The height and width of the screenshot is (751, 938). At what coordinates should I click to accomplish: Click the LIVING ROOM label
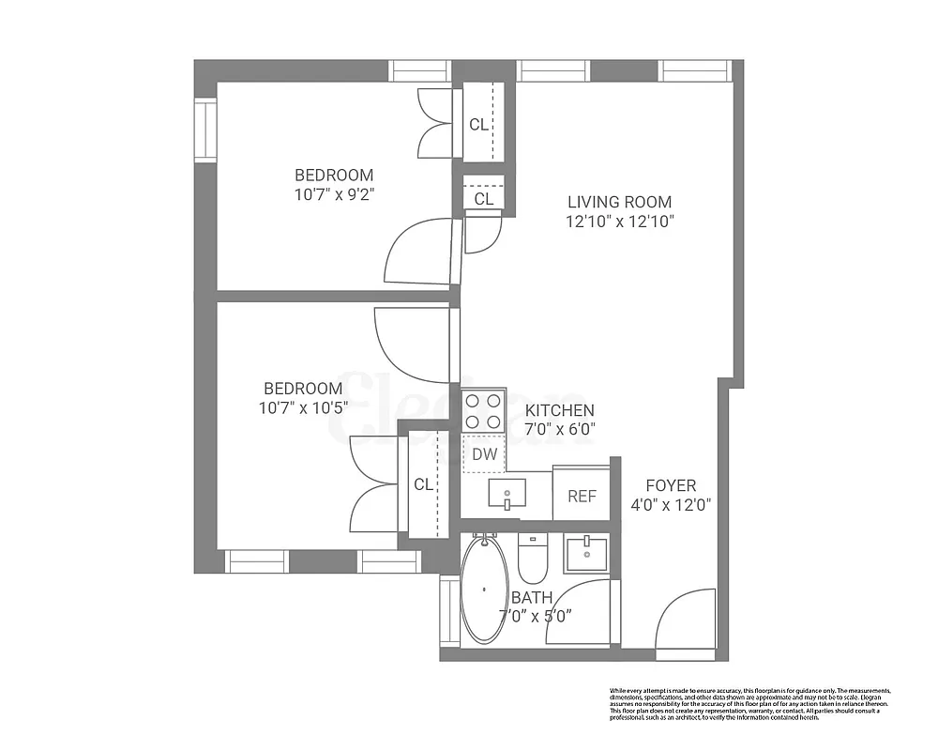[619, 202]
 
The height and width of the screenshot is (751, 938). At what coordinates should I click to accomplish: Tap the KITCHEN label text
[559, 410]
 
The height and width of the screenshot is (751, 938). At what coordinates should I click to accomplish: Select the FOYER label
[671, 485]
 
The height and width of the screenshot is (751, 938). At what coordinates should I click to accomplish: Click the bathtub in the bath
[484, 589]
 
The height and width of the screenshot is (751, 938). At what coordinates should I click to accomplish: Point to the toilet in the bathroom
[532, 558]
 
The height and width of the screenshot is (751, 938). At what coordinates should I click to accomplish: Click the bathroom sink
[586, 554]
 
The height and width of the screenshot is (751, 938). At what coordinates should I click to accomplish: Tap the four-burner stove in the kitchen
[483, 410]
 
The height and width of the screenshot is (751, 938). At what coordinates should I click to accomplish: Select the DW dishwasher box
[484, 454]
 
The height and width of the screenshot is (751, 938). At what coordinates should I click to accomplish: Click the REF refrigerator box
[582, 496]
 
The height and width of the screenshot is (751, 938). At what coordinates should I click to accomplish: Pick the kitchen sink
[507, 493]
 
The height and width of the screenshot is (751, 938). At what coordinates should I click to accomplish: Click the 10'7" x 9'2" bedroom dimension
[334, 194]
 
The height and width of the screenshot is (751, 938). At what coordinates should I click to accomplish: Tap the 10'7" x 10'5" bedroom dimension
[302, 407]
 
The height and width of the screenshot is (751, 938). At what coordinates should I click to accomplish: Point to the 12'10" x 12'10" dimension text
[619, 222]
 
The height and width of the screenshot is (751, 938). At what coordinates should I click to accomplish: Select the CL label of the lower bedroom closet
[424, 484]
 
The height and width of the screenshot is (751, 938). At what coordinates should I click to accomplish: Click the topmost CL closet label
[478, 125]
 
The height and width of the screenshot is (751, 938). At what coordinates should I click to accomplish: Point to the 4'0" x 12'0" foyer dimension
[671, 504]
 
